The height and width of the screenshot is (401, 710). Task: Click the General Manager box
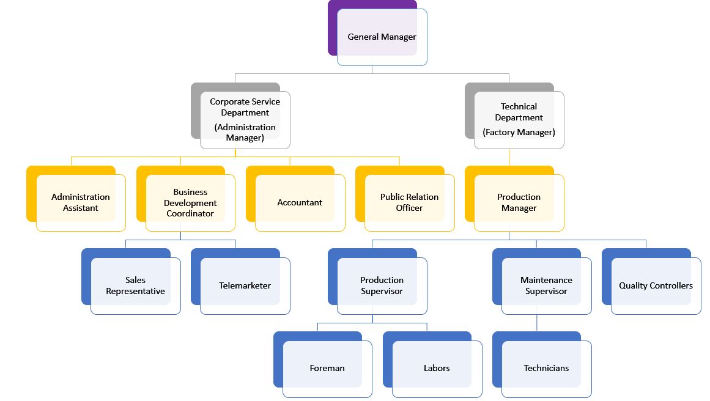tap(382, 37)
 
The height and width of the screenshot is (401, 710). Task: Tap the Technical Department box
tap(519, 112)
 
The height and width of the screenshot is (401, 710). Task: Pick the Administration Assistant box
tap(81, 202)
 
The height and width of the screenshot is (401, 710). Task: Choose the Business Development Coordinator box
tap(190, 202)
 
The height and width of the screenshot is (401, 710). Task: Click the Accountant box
tap(300, 202)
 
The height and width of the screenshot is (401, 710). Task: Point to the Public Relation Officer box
tap(409, 202)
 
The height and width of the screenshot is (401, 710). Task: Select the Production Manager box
tap(519, 202)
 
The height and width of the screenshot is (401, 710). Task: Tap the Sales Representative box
tap(135, 285)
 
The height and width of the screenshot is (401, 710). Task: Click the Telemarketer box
tap(245, 285)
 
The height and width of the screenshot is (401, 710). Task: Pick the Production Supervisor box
tap(382, 285)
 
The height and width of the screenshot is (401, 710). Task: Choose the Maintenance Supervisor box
tap(546, 285)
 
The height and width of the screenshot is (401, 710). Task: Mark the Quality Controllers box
tap(656, 285)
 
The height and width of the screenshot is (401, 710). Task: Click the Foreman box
tap(327, 369)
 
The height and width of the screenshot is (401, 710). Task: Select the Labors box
tap(437, 369)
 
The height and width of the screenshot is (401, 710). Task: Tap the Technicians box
tap(546, 369)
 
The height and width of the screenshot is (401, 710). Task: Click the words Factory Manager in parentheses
tap(519, 132)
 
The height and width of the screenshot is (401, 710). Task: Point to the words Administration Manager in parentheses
tap(245, 133)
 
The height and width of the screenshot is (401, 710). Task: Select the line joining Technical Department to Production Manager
tap(509, 157)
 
